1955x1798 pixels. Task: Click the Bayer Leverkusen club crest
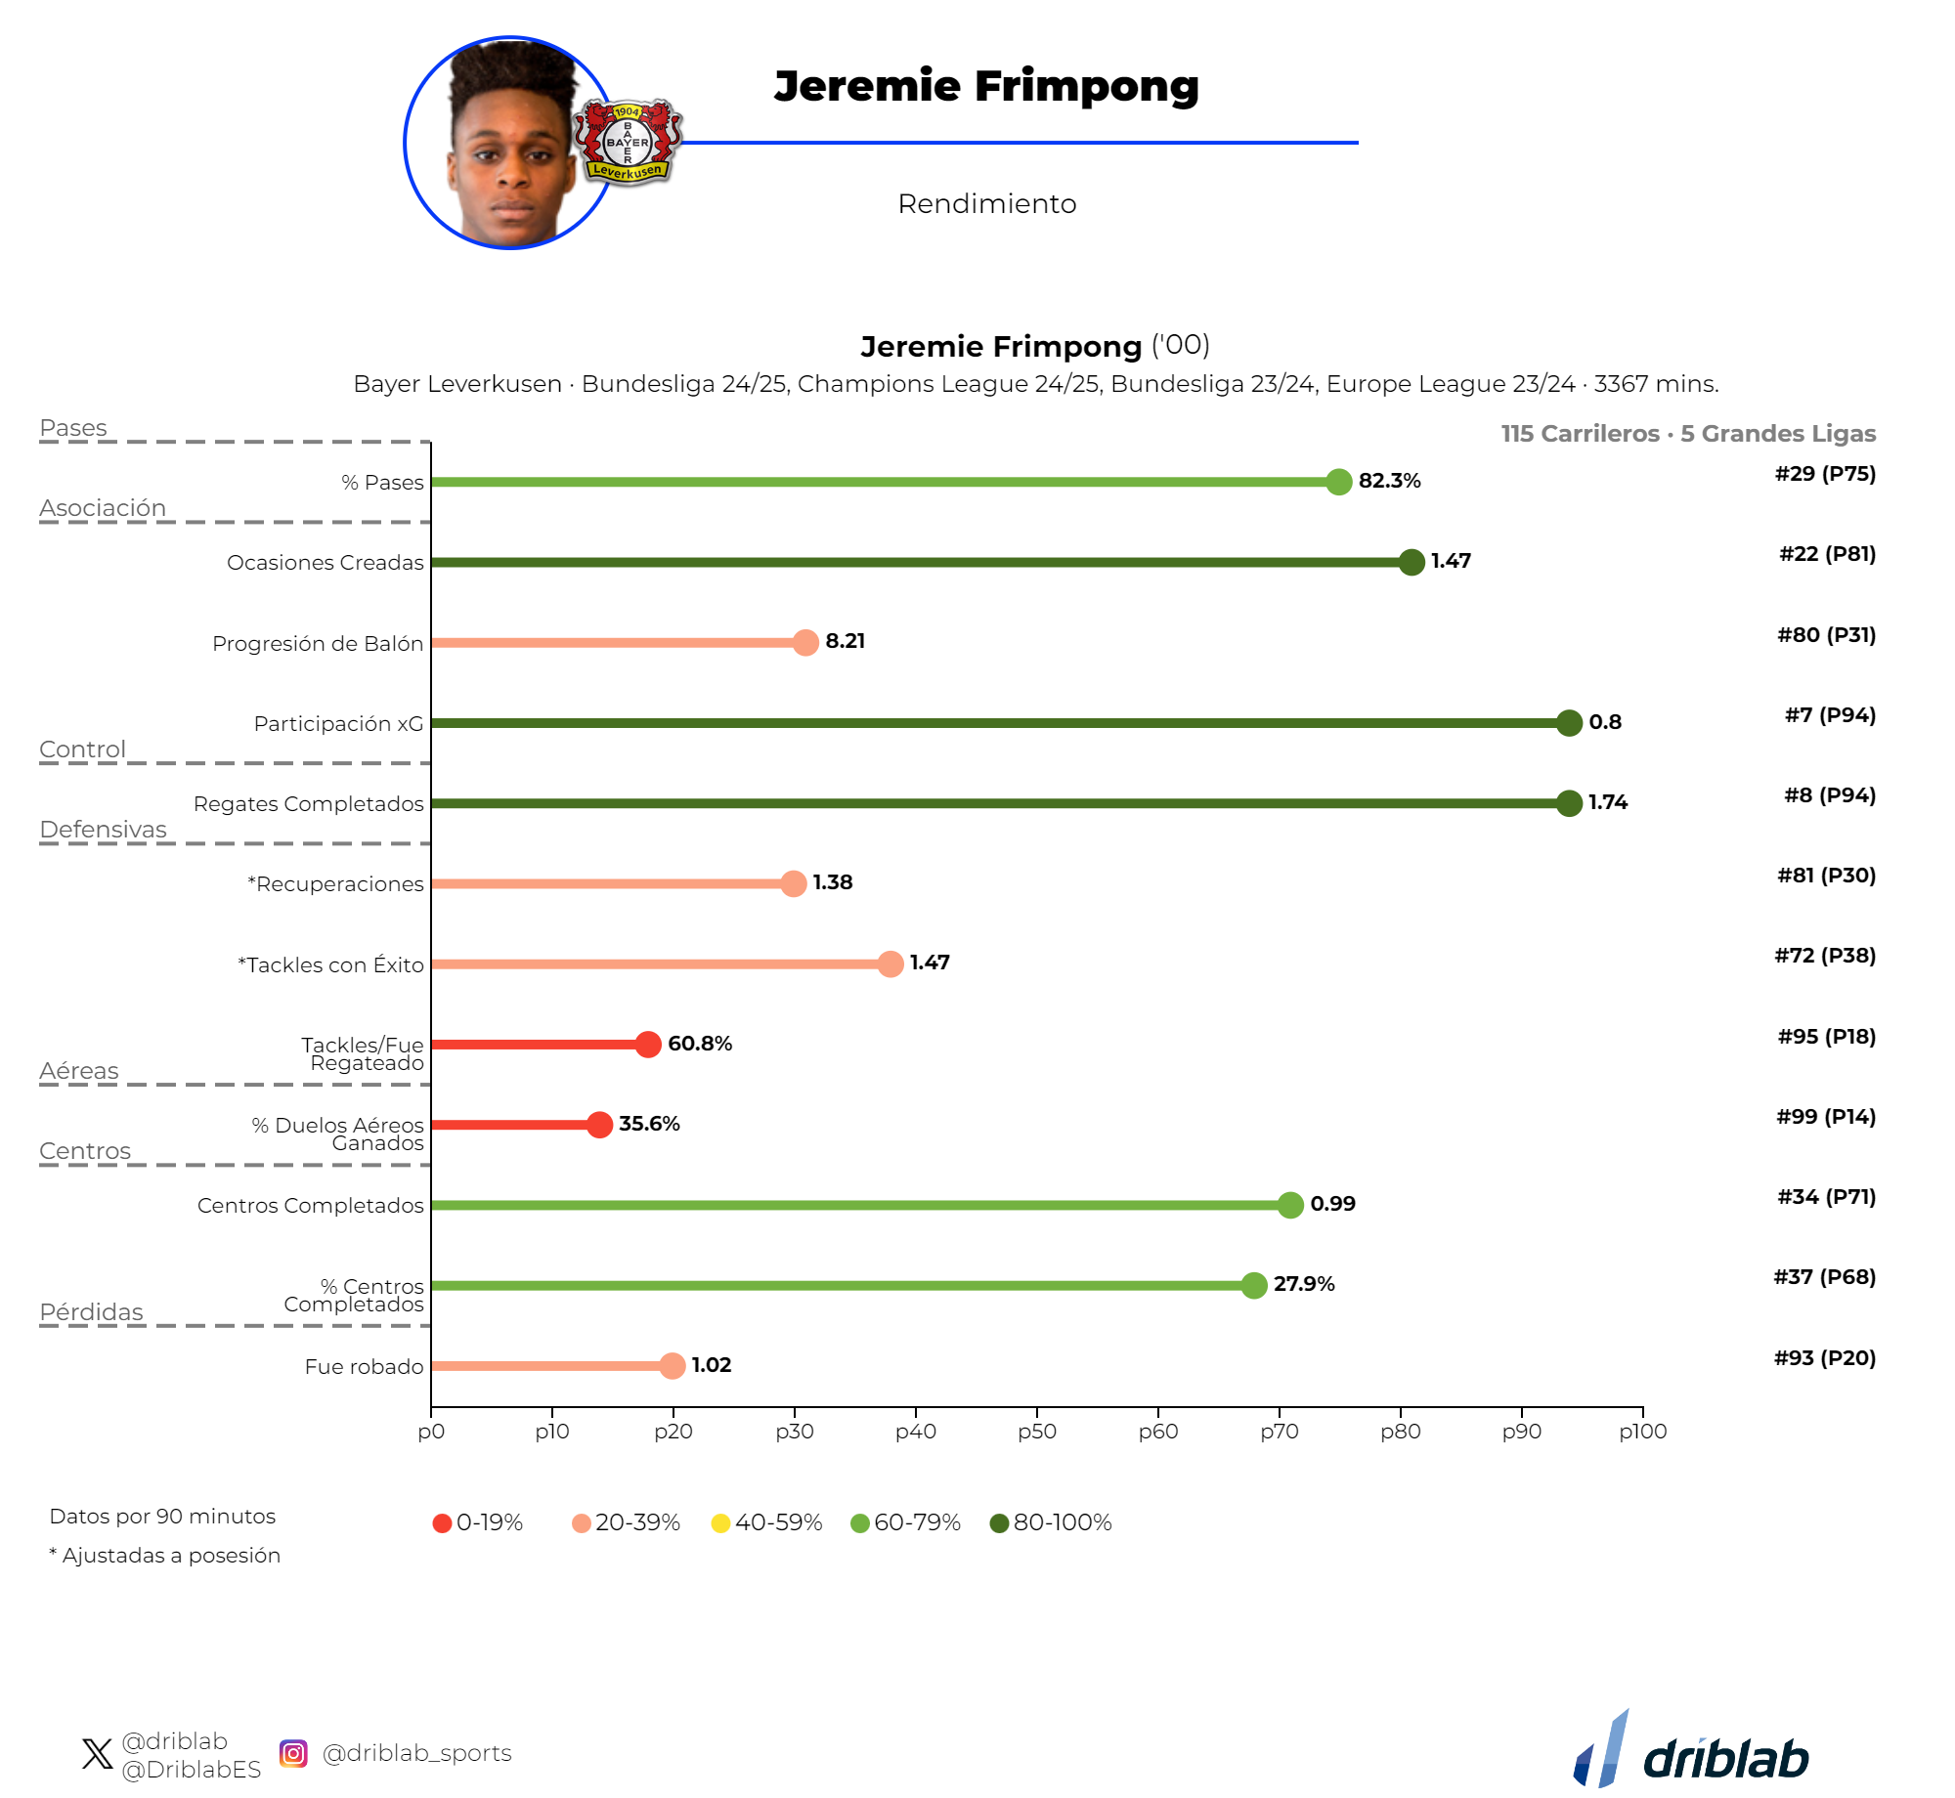628,142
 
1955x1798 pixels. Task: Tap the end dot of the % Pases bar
1338,482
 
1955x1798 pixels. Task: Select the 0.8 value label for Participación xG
1604,722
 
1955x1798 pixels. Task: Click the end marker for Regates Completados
1569,803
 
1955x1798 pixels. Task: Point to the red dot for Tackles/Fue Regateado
648,1045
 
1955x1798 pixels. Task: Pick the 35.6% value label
649,1124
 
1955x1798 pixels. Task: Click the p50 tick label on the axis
1036,1432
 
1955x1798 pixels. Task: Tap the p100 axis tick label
1642,1432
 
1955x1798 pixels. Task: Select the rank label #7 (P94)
1830,715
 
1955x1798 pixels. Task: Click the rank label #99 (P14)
1826,1117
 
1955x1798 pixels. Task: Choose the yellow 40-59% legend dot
720,1523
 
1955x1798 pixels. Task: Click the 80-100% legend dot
999,1523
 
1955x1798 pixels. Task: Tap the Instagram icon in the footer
293,1754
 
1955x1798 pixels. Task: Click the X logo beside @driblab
98,1754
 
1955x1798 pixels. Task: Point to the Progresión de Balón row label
318,644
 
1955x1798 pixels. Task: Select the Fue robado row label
364,1367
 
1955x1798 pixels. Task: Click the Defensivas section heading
104,830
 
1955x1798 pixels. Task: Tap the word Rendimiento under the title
986,204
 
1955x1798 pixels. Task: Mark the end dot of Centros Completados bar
1290,1205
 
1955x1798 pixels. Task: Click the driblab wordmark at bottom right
1725,1760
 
